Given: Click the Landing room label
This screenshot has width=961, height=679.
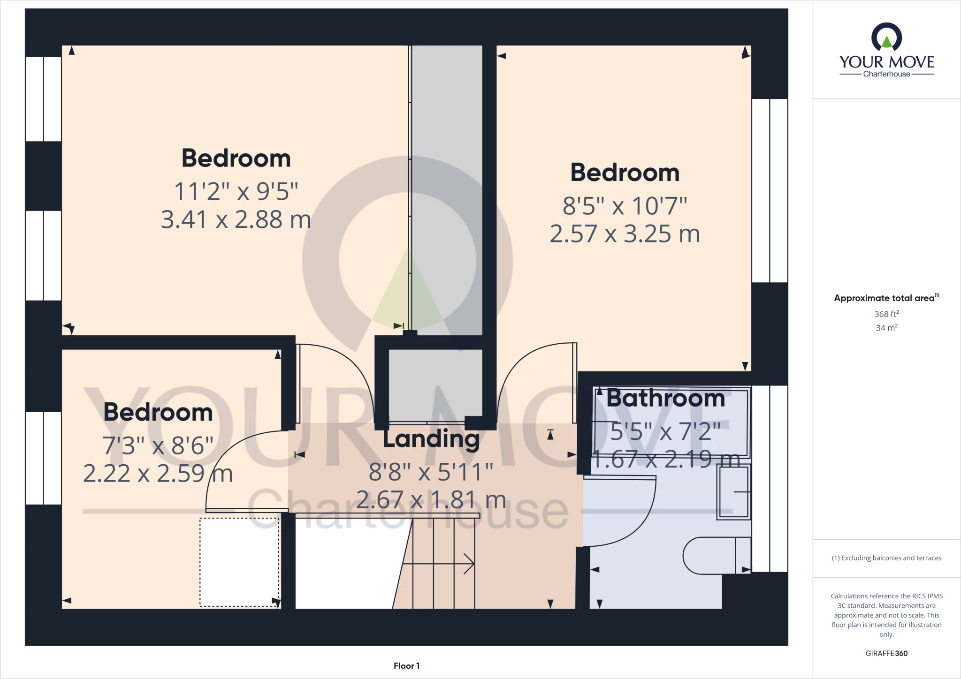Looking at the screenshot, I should pyautogui.click(x=431, y=439).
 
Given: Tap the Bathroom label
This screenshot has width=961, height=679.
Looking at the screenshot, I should pyautogui.click(x=665, y=399).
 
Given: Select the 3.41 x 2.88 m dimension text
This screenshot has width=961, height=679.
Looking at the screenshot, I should pyautogui.click(x=236, y=219).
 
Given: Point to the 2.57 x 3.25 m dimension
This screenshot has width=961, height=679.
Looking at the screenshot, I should pyautogui.click(x=625, y=234).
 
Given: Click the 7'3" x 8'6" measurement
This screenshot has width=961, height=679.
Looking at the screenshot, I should pyautogui.click(x=158, y=445).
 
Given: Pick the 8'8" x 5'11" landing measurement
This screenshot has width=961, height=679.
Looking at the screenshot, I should pyautogui.click(x=431, y=472).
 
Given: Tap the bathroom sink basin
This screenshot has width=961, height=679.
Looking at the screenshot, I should pyautogui.click(x=733, y=492).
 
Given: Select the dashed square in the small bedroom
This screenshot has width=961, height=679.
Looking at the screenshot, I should pyautogui.click(x=239, y=562).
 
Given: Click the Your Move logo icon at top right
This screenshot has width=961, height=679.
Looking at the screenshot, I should pyautogui.click(x=886, y=38).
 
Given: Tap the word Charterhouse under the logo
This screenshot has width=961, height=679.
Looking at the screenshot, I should pyautogui.click(x=886, y=74).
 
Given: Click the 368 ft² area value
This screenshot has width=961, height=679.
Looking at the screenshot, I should pyautogui.click(x=886, y=314).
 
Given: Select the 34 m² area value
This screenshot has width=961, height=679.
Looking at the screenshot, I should pyautogui.click(x=886, y=328).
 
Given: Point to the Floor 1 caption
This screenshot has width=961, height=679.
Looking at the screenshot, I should pyautogui.click(x=406, y=666).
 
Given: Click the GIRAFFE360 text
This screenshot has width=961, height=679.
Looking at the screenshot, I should pyautogui.click(x=886, y=653).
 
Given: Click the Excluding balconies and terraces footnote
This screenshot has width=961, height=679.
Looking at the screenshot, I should pyautogui.click(x=886, y=558).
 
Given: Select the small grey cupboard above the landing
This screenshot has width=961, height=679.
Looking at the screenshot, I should pyautogui.click(x=435, y=385).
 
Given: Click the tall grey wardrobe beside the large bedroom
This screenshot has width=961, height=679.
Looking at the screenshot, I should pyautogui.click(x=447, y=188).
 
